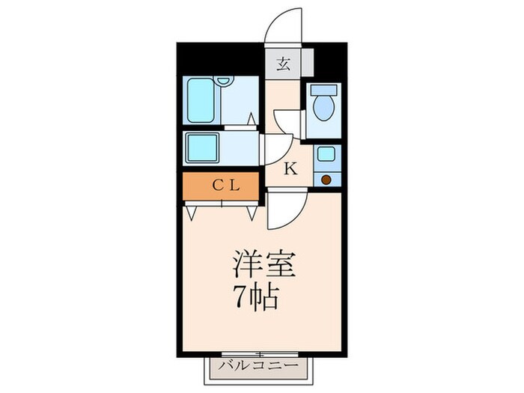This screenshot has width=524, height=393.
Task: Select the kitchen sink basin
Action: pyautogui.click(x=326, y=154)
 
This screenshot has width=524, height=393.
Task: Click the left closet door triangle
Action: pyautogui.click(x=192, y=213)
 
